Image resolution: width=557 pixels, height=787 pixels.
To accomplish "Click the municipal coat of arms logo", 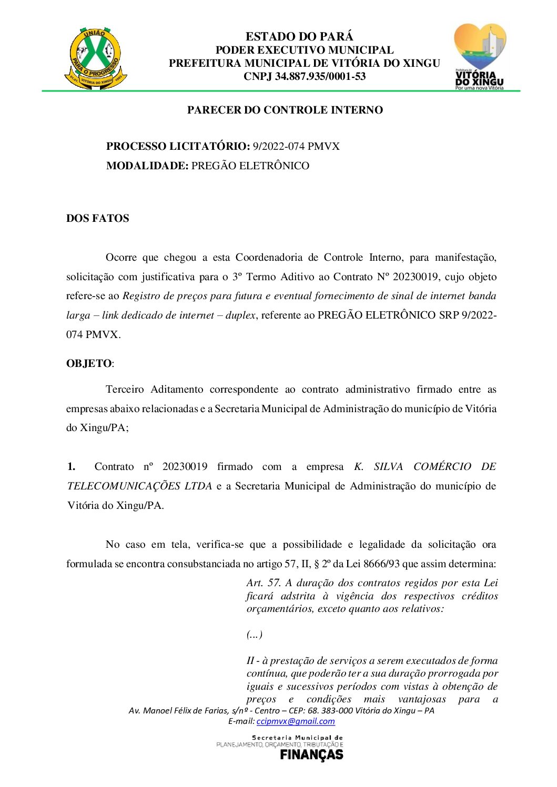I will [x=95, y=58].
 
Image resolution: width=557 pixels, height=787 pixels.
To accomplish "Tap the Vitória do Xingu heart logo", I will [x=479, y=56].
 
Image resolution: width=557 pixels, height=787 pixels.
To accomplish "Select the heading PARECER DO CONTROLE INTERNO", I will [x=285, y=110].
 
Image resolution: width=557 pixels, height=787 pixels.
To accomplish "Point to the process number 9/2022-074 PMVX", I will [x=296, y=147].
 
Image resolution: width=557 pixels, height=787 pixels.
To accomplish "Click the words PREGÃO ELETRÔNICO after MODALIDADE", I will [x=250, y=166].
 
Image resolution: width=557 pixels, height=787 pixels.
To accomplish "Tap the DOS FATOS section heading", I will [x=97, y=219].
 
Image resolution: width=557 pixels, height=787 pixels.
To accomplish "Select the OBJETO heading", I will [x=88, y=364].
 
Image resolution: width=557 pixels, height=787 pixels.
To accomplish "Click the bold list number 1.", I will [x=71, y=467].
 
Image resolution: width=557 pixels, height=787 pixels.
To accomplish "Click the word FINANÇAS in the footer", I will [x=311, y=755].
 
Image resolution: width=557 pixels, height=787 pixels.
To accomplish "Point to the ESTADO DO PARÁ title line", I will [x=299, y=37].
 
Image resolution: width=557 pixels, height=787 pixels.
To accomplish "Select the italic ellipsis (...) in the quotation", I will [x=254, y=635].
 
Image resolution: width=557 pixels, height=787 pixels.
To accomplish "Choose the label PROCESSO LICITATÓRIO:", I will [x=178, y=147].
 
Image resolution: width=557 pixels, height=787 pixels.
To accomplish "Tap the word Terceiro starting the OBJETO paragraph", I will [x=125, y=390].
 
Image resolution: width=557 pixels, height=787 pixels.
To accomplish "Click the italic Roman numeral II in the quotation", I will [x=250, y=661].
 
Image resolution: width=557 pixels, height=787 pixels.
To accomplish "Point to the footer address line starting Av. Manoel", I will [x=281, y=711].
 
